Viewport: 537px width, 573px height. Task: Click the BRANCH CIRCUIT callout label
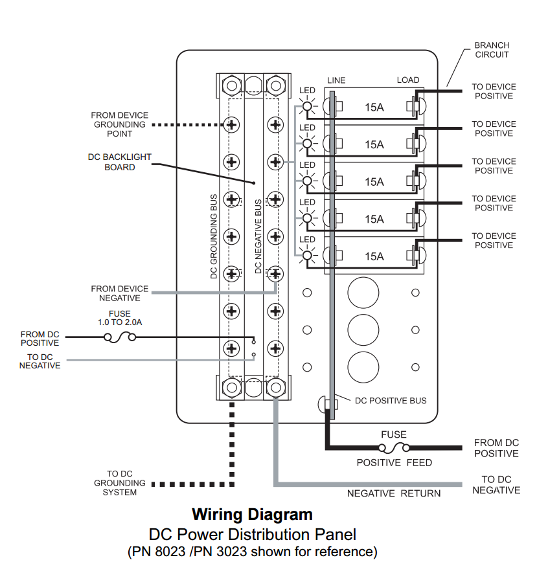click(492, 50)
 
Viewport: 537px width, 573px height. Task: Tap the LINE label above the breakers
click(336, 80)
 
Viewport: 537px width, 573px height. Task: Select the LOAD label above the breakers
click(407, 80)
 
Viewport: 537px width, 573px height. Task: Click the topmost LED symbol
click(306, 106)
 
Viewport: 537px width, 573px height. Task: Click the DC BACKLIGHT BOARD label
click(120, 162)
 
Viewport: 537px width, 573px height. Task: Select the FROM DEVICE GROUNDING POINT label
click(119, 124)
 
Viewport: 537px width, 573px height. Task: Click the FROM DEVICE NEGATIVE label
click(119, 293)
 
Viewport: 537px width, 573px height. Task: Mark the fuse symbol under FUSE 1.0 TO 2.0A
click(119, 337)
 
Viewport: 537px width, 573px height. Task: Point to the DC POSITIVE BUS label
click(390, 401)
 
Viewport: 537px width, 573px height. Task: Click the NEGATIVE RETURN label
click(393, 493)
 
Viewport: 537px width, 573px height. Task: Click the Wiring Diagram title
click(252, 515)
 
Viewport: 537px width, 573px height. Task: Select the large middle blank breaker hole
click(363, 330)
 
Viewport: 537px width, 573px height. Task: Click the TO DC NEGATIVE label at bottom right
click(496, 484)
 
